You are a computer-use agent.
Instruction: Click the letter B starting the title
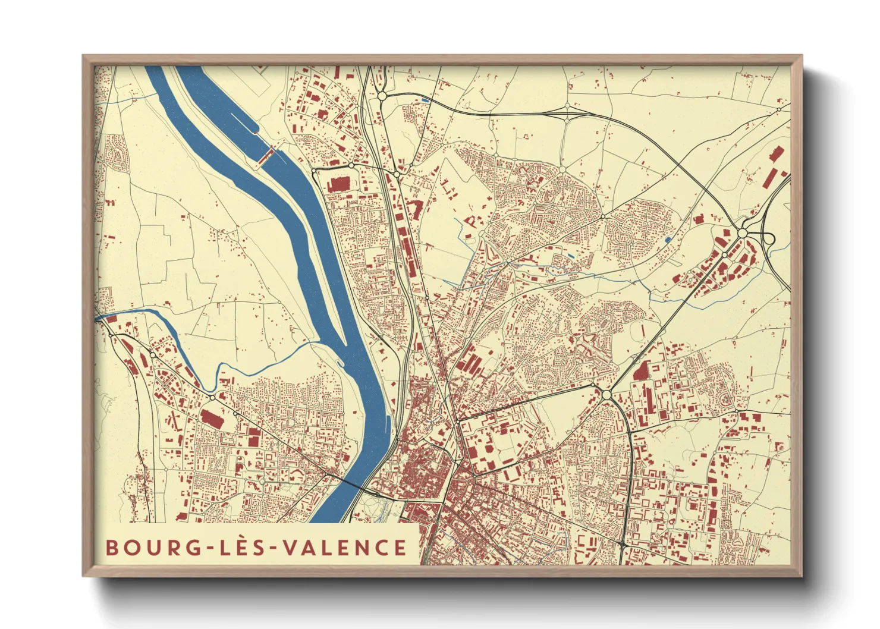pyautogui.click(x=112, y=548)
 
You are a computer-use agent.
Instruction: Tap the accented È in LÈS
pyautogui.click(x=242, y=546)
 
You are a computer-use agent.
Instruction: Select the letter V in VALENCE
pyautogui.click(x=290, y=548)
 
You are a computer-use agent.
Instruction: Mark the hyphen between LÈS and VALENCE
pyautogui.click(x=274, y=548)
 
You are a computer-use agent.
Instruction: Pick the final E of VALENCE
pyautogui.click(x=400, y=548)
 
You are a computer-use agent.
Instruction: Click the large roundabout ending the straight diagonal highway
pyautogui.click(x=606, y=394)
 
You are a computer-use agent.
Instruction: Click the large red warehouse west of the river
pyautogui.click(x=210, y=417)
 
